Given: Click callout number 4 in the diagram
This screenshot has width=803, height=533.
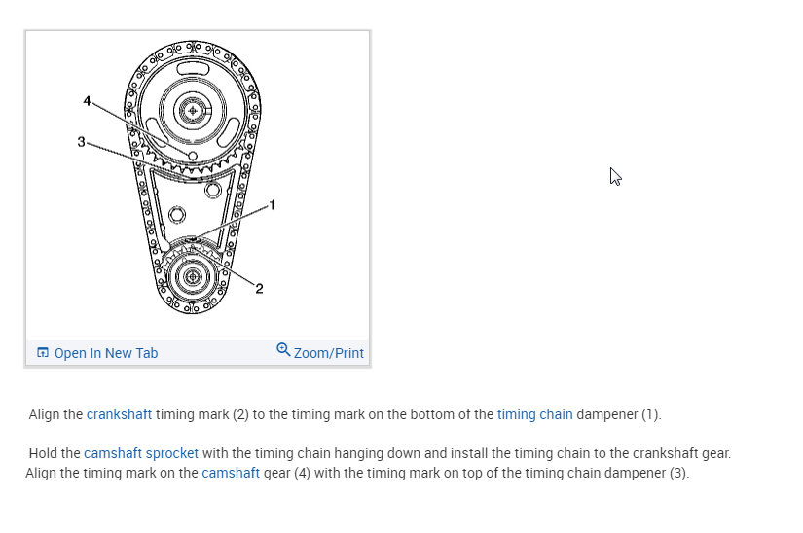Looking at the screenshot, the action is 87,101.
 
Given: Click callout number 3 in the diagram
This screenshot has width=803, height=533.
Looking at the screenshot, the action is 81,142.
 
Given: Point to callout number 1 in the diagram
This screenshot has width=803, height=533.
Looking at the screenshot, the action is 272,205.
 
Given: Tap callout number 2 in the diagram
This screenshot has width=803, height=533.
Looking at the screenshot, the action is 259,289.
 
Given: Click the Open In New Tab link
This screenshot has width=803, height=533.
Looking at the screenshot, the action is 106,353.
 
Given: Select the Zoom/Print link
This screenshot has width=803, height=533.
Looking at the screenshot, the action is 329,353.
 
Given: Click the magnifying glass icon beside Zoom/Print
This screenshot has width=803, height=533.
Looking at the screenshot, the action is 283,349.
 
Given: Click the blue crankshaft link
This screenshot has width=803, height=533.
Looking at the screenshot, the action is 120,414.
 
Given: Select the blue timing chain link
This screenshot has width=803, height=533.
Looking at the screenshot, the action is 534,414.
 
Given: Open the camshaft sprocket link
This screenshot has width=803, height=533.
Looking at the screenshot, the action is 141,453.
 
